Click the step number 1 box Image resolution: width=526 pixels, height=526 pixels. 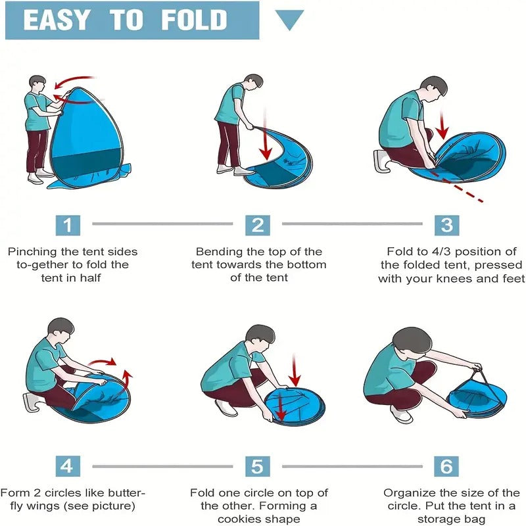tap(67, 225)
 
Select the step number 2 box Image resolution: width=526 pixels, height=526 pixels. tap(258, 225)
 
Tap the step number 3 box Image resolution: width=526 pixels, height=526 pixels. tap(446, 225)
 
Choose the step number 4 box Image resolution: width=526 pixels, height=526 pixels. tap(67, 466)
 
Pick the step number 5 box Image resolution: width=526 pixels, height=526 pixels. tap(258, 466)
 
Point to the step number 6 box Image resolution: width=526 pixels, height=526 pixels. tap(446, 466)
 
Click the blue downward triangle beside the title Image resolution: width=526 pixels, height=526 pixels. tap(289, 20)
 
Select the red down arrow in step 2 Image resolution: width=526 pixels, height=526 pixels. tap(265, 141)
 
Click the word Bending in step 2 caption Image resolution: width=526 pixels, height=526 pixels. tap(218, 251)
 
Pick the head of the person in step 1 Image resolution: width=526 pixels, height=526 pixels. tap(37, 85)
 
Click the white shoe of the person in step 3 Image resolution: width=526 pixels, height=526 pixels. tap(382, 160)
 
